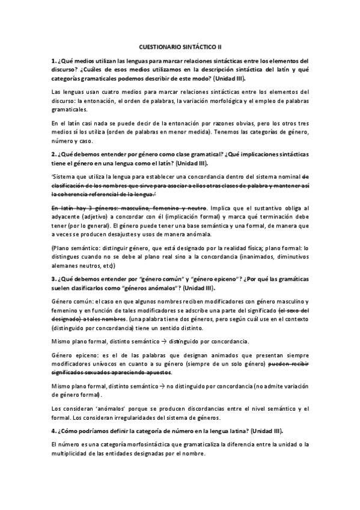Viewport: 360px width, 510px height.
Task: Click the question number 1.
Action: pos(53,61)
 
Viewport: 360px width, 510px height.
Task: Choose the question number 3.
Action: pos(53,279)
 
